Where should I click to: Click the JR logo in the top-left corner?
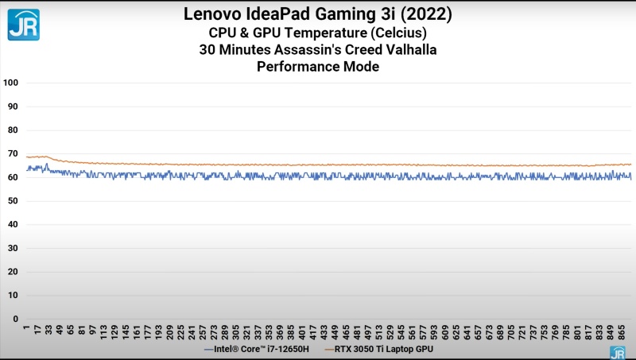(x=23, y=24)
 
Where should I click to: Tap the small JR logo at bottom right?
(x=617, y=352)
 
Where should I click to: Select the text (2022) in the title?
(x=421, y=14)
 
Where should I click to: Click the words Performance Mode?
(x=318, y=68)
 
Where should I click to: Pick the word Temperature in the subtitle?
(x=330, y=33)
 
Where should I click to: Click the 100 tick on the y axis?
(x=11, y=83)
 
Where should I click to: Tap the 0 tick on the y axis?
(x=16, y=319)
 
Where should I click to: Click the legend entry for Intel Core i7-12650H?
(x=262, y=349)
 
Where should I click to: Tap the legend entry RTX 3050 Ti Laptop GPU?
(x=386, y=349)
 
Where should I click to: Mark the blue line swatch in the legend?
(x=208, y=349)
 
